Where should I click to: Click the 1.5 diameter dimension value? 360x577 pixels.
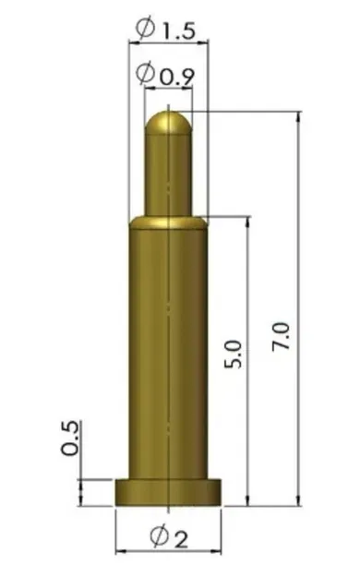177,31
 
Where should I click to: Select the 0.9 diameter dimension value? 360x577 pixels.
175,78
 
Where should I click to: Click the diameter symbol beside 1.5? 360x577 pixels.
145,30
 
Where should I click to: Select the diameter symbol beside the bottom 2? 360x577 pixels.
157,537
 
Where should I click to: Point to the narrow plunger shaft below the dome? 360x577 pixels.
168,175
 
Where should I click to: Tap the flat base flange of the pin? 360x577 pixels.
168,491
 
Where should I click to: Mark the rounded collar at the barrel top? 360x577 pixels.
168,222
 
